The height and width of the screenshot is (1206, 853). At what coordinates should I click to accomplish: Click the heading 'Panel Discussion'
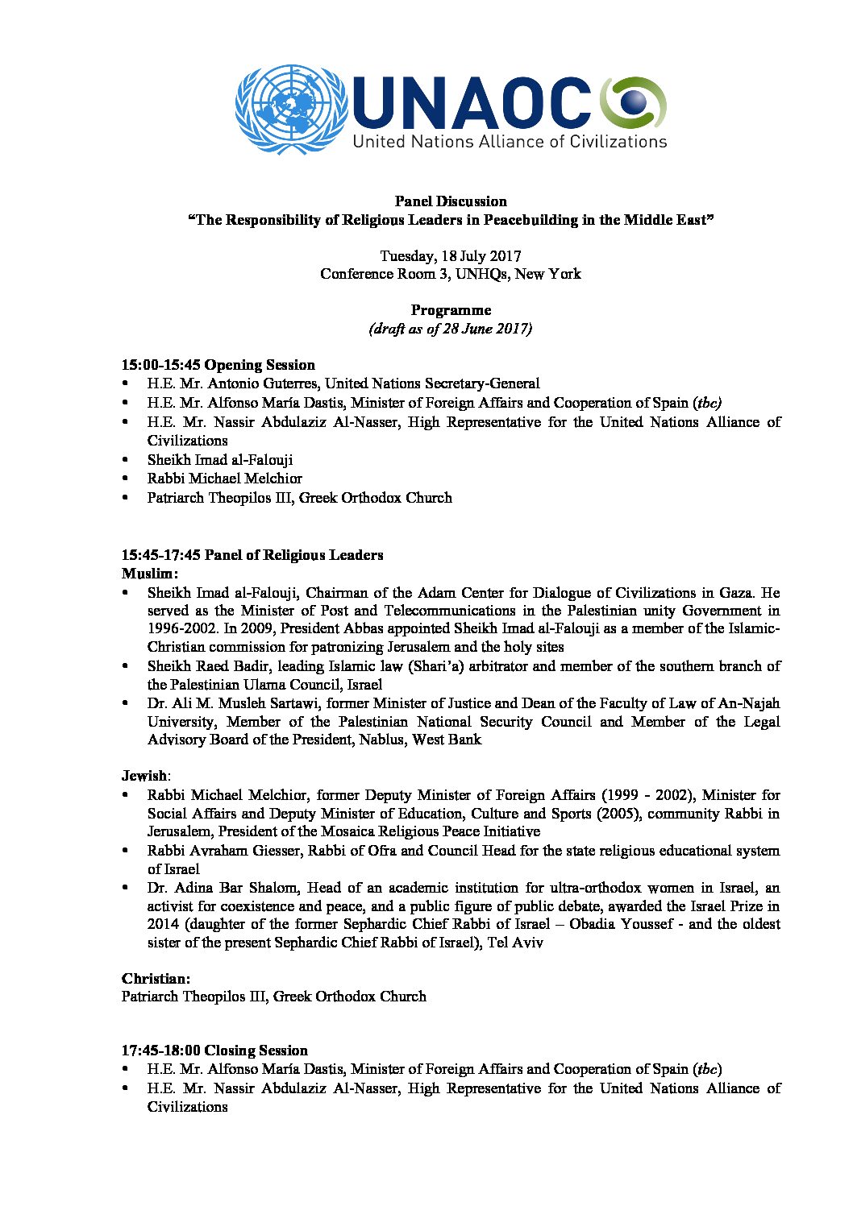450,201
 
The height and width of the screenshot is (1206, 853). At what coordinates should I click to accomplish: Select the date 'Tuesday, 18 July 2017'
450,256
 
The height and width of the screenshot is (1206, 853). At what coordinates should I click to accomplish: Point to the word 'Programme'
451,310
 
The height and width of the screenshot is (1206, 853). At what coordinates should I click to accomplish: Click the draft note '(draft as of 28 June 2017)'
450,329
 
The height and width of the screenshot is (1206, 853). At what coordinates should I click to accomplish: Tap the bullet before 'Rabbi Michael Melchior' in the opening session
126,479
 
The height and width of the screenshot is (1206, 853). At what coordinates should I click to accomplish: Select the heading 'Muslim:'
150,574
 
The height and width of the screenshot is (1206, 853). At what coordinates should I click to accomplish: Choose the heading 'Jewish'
144,776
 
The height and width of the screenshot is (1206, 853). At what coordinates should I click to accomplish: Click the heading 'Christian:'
156,979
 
